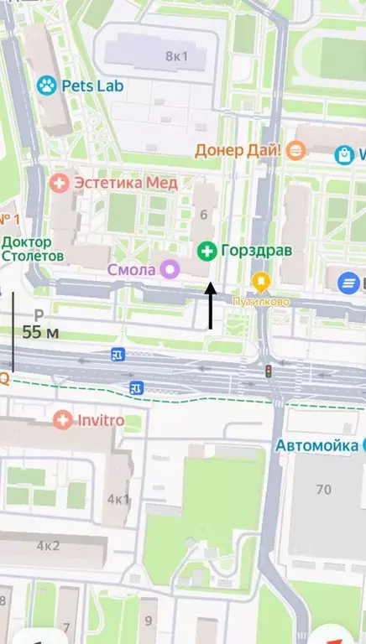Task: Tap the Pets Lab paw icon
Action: (x=46, y=85)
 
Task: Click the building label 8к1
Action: (x=176, y=56)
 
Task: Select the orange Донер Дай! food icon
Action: (x=294, y=151)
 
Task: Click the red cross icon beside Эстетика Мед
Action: (x=60, y=182)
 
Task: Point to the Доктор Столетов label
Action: (x=32, y=248)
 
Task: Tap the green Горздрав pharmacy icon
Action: (x=206, y=251)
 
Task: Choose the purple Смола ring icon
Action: (x=170, y=269)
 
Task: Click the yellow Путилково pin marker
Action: (x=262, y=281)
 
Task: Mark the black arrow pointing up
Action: (x=210, y=306)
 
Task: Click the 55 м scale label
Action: (x=40, y=332)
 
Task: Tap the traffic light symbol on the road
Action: (x=269, y=371)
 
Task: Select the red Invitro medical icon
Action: (x=62, y=419)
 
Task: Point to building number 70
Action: (x=323, y=489)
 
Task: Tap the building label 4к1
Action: (x=118, y=500)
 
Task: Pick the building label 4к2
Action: (x=48, y=546)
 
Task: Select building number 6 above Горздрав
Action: (x=204, y=215)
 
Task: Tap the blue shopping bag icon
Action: (x=343, y=155)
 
